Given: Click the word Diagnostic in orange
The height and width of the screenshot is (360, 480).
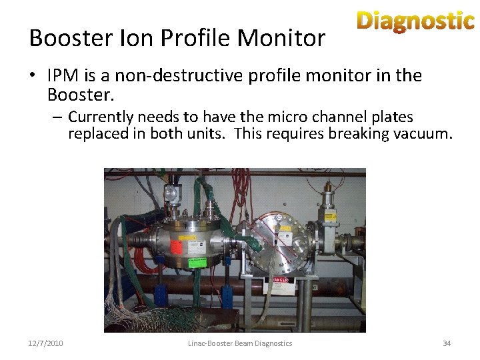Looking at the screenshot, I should pyautogui.click(x=415, y=21).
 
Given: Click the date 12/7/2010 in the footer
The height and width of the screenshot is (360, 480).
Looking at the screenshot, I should pyautogui.click(x=46, y=343).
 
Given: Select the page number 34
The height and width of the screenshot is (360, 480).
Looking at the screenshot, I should pyautogui.click(x=447, y=343).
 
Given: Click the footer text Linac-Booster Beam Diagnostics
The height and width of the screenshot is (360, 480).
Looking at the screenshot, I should pyautogui.click(x=239, y=343).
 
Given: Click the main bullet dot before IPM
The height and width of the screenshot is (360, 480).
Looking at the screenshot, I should pyautogui.click(x=33, y=75).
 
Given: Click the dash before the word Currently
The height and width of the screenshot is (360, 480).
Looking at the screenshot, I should pyautogui.click(x=58, y=117).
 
